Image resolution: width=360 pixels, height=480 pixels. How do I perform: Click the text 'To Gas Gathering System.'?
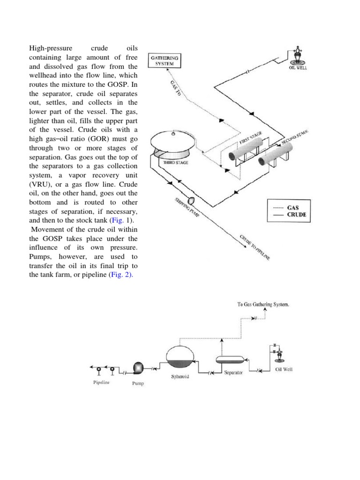click(x=263, y=304)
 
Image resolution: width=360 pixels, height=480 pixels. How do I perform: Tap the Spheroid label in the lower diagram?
click(x=180, y=376)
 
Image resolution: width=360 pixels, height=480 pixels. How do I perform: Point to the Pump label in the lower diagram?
click(x=138, y=383)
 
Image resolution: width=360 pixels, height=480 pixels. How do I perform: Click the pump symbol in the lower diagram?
click(x=139, y=367)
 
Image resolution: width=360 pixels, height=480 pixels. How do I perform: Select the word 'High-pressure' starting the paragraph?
click(x=51, y=48)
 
